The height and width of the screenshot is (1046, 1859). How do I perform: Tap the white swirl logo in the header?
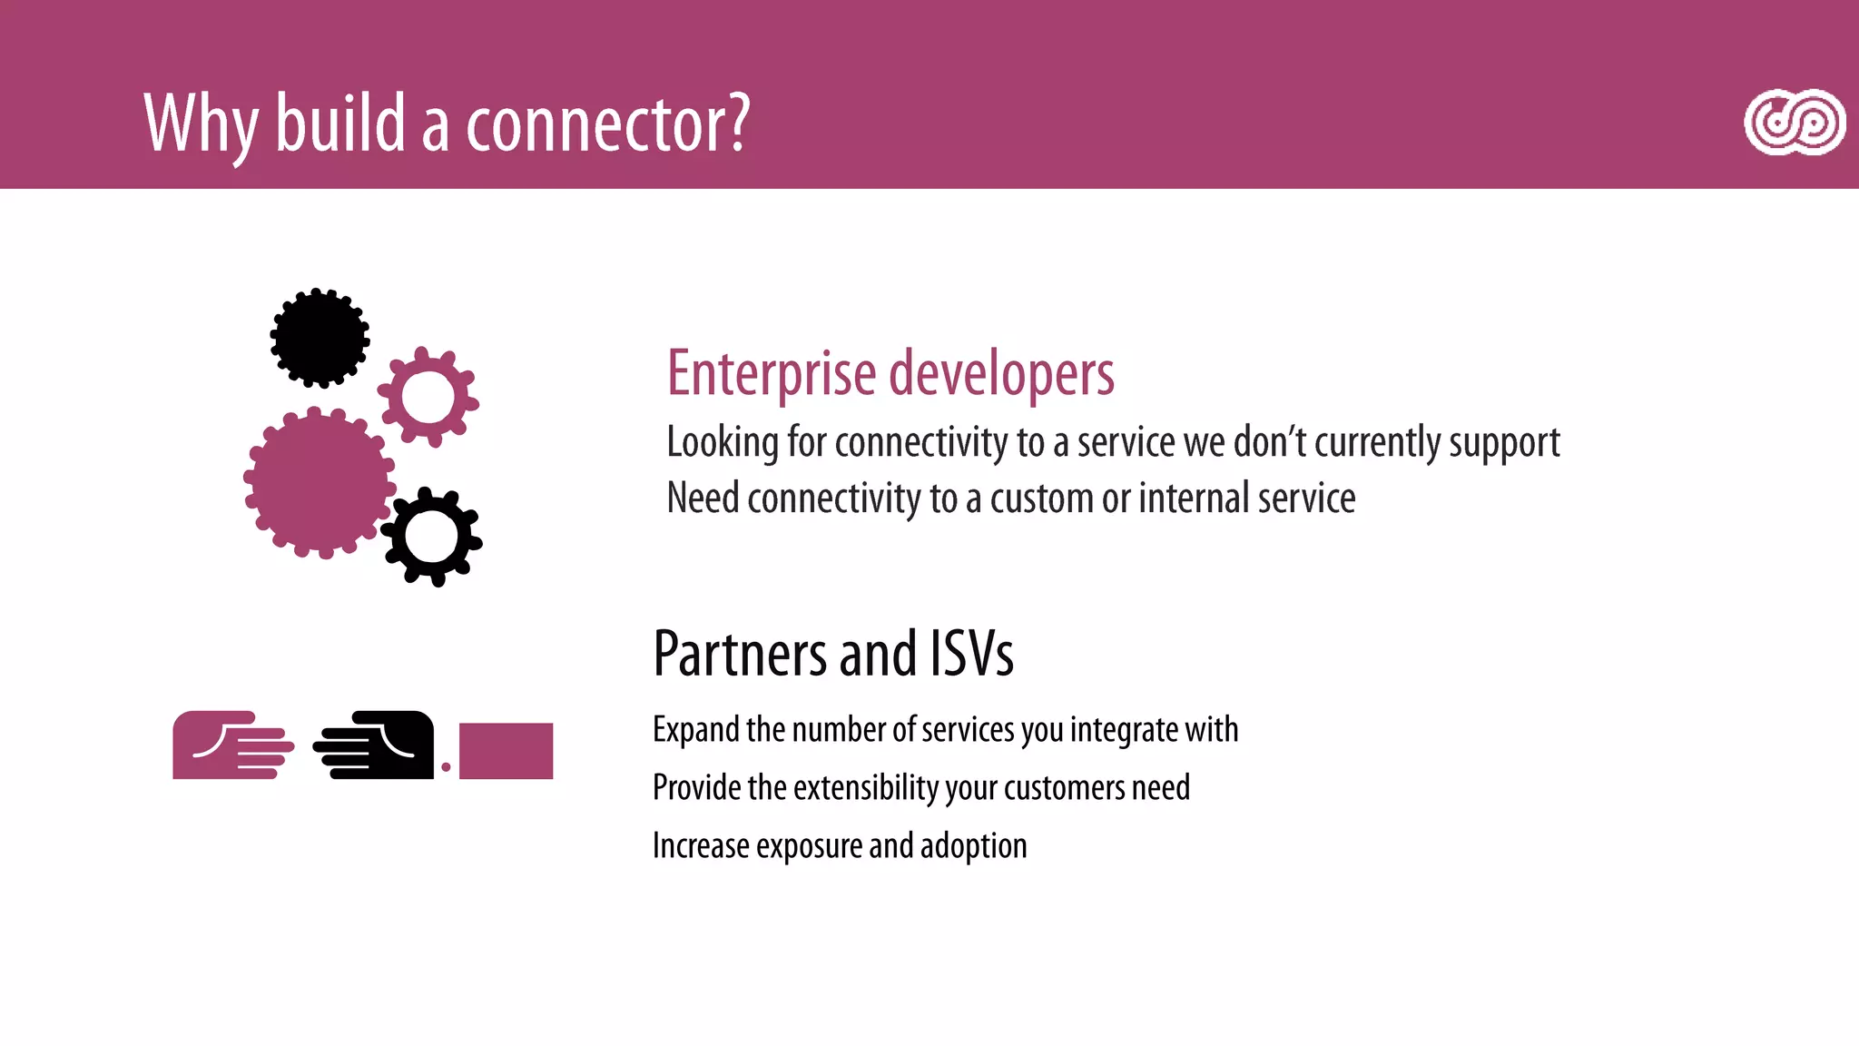[x=1794, y=123]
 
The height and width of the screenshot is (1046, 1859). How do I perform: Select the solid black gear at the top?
[x=320, y=338]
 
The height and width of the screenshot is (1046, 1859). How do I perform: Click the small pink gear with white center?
[x=428, y=397]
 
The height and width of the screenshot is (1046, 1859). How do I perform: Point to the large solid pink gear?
[x=319, y=482]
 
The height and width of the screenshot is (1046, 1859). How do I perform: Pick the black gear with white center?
[x=431, y=537]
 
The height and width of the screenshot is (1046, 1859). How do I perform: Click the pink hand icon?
[x=232, y=745]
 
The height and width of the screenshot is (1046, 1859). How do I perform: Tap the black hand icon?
[x=374, y=745]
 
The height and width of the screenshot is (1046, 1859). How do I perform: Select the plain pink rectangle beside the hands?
[x=506, y=751]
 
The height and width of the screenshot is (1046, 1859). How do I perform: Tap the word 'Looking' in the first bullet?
[x=723, y=443]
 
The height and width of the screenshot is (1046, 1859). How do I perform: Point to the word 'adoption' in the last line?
[x=973, y=846]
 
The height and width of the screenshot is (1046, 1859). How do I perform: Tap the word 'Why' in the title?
[x=201, y=125]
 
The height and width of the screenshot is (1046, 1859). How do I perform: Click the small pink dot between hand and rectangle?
[x=446, y=767]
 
